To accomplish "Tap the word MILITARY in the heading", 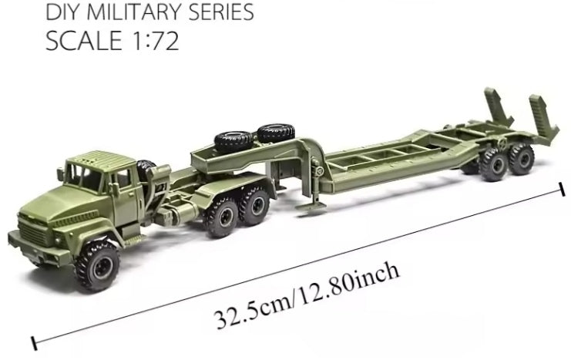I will [126, 12].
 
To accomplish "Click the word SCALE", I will [82, 41].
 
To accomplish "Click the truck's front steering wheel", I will [99, 261].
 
